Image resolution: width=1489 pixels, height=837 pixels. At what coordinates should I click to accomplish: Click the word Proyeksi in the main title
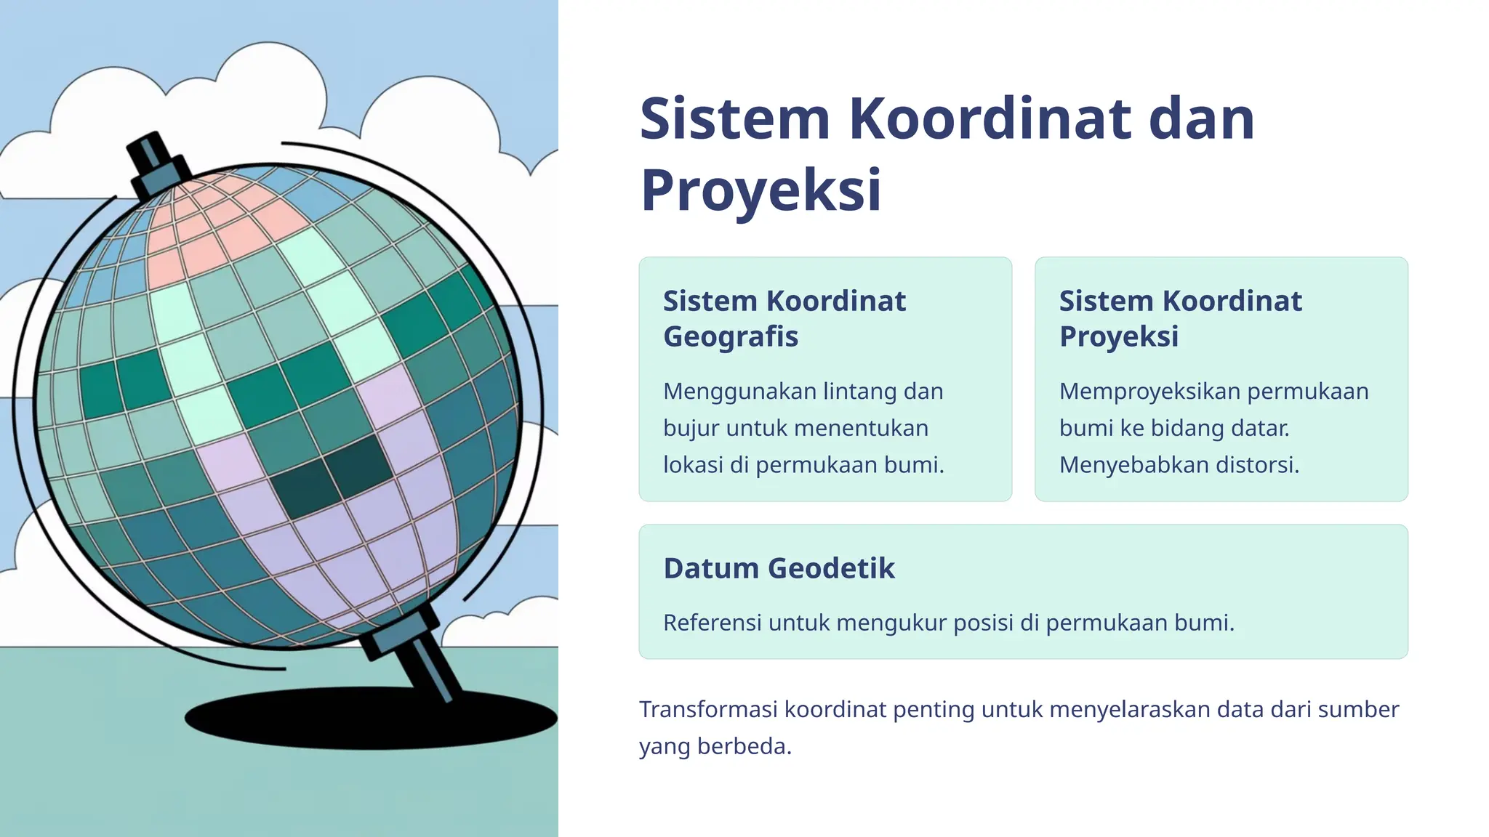point(760,190)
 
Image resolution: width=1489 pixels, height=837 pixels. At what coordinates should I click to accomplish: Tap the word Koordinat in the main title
point(989,119)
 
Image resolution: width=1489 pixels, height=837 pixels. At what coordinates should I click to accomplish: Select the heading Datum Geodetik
point(779,568)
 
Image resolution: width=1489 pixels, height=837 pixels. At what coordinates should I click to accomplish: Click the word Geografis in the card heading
point(730,336)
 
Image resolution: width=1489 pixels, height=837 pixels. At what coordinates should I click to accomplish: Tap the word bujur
point(691,428)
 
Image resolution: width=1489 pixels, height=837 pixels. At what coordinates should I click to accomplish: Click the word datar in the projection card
point(1261,428)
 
